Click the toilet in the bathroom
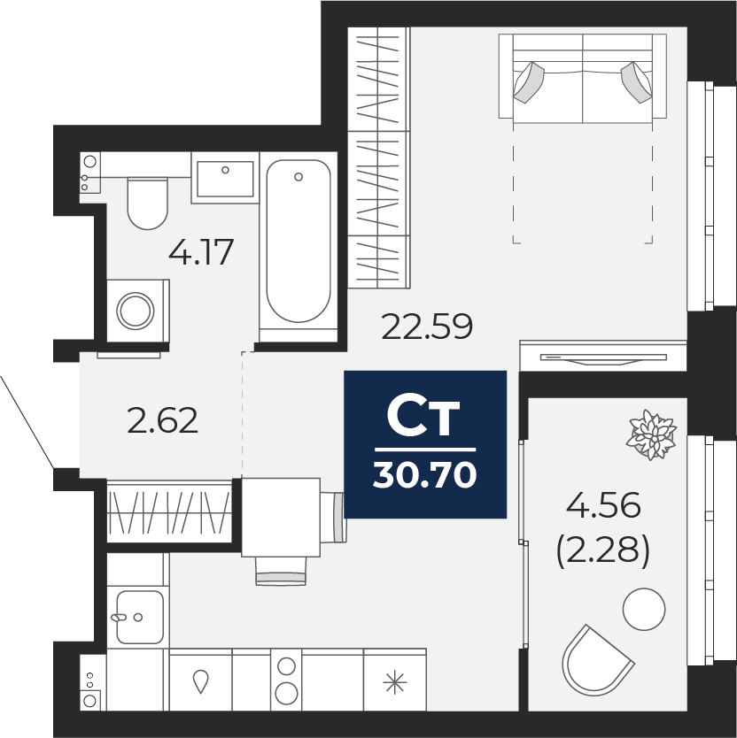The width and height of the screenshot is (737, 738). pos(148,203)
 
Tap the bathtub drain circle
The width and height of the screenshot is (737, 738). pos(299,177)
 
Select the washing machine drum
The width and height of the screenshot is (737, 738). pos(136,311)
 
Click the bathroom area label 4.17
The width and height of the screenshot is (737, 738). pos(201,252)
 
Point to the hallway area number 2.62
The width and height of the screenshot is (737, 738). pos(163,420)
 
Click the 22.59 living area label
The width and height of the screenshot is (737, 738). pos(426,327)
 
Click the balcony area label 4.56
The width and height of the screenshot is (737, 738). pos(603,505)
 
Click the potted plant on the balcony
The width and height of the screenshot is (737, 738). pos(651,434)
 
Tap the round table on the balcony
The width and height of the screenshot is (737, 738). pos(644,609)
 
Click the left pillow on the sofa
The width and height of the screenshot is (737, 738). pos(529,82)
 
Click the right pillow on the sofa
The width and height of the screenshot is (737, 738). pos(637,82)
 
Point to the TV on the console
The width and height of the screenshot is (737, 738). pos(603,359)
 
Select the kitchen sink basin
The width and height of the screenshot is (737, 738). pos(140,617)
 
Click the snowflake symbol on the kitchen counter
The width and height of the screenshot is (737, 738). pos(395,682)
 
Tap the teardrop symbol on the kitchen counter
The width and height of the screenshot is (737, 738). pos(201,681)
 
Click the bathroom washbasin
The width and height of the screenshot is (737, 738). pos(225,179)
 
